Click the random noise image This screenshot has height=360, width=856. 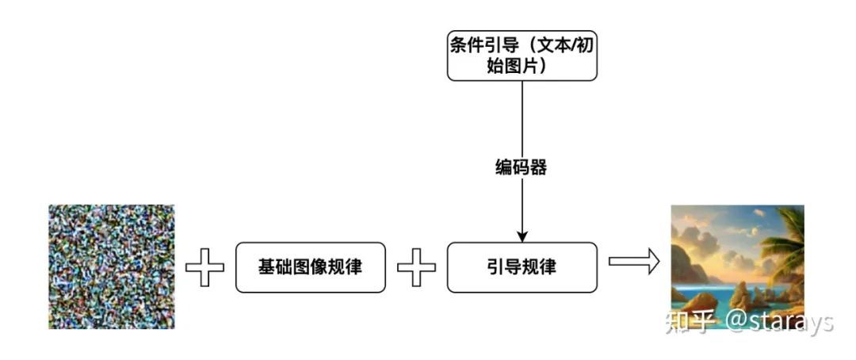[112, 266]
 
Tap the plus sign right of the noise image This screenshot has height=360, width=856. [204, 267]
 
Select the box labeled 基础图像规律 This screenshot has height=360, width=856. [310, 267]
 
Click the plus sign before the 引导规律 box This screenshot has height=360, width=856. [416, 267]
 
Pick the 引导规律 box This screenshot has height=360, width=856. [522, 267]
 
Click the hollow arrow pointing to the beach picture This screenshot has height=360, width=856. [634, 262]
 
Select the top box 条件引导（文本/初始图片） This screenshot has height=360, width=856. [522, 55]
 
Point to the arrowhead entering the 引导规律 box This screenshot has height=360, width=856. [522, 236]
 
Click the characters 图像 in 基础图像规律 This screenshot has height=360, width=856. [310, 267]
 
